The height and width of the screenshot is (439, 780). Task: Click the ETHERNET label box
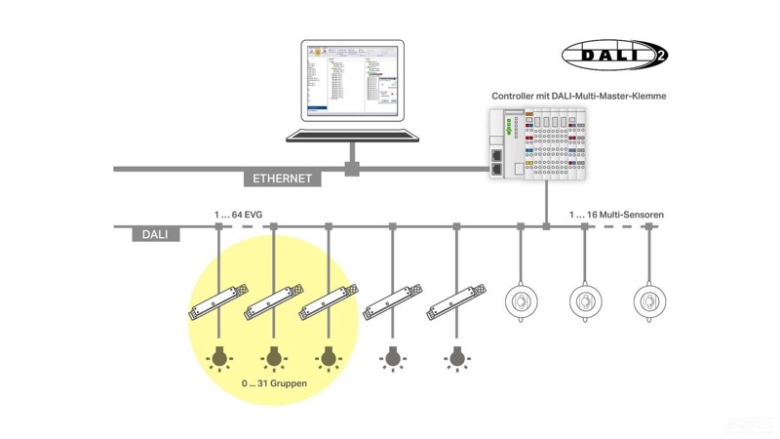pos(282,179)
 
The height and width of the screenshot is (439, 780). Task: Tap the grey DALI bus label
pos(155,234)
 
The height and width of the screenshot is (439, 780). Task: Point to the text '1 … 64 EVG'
pos(239,213)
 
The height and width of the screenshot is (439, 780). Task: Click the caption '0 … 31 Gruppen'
pos(274,383)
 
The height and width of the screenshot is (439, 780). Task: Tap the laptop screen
pos(350,81)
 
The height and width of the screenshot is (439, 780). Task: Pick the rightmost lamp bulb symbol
pos(455,358)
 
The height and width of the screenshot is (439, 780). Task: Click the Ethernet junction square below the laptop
pos(351,169)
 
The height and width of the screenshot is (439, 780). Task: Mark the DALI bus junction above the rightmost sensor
pos(648,226)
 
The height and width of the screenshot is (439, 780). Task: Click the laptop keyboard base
pos(350,134)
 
